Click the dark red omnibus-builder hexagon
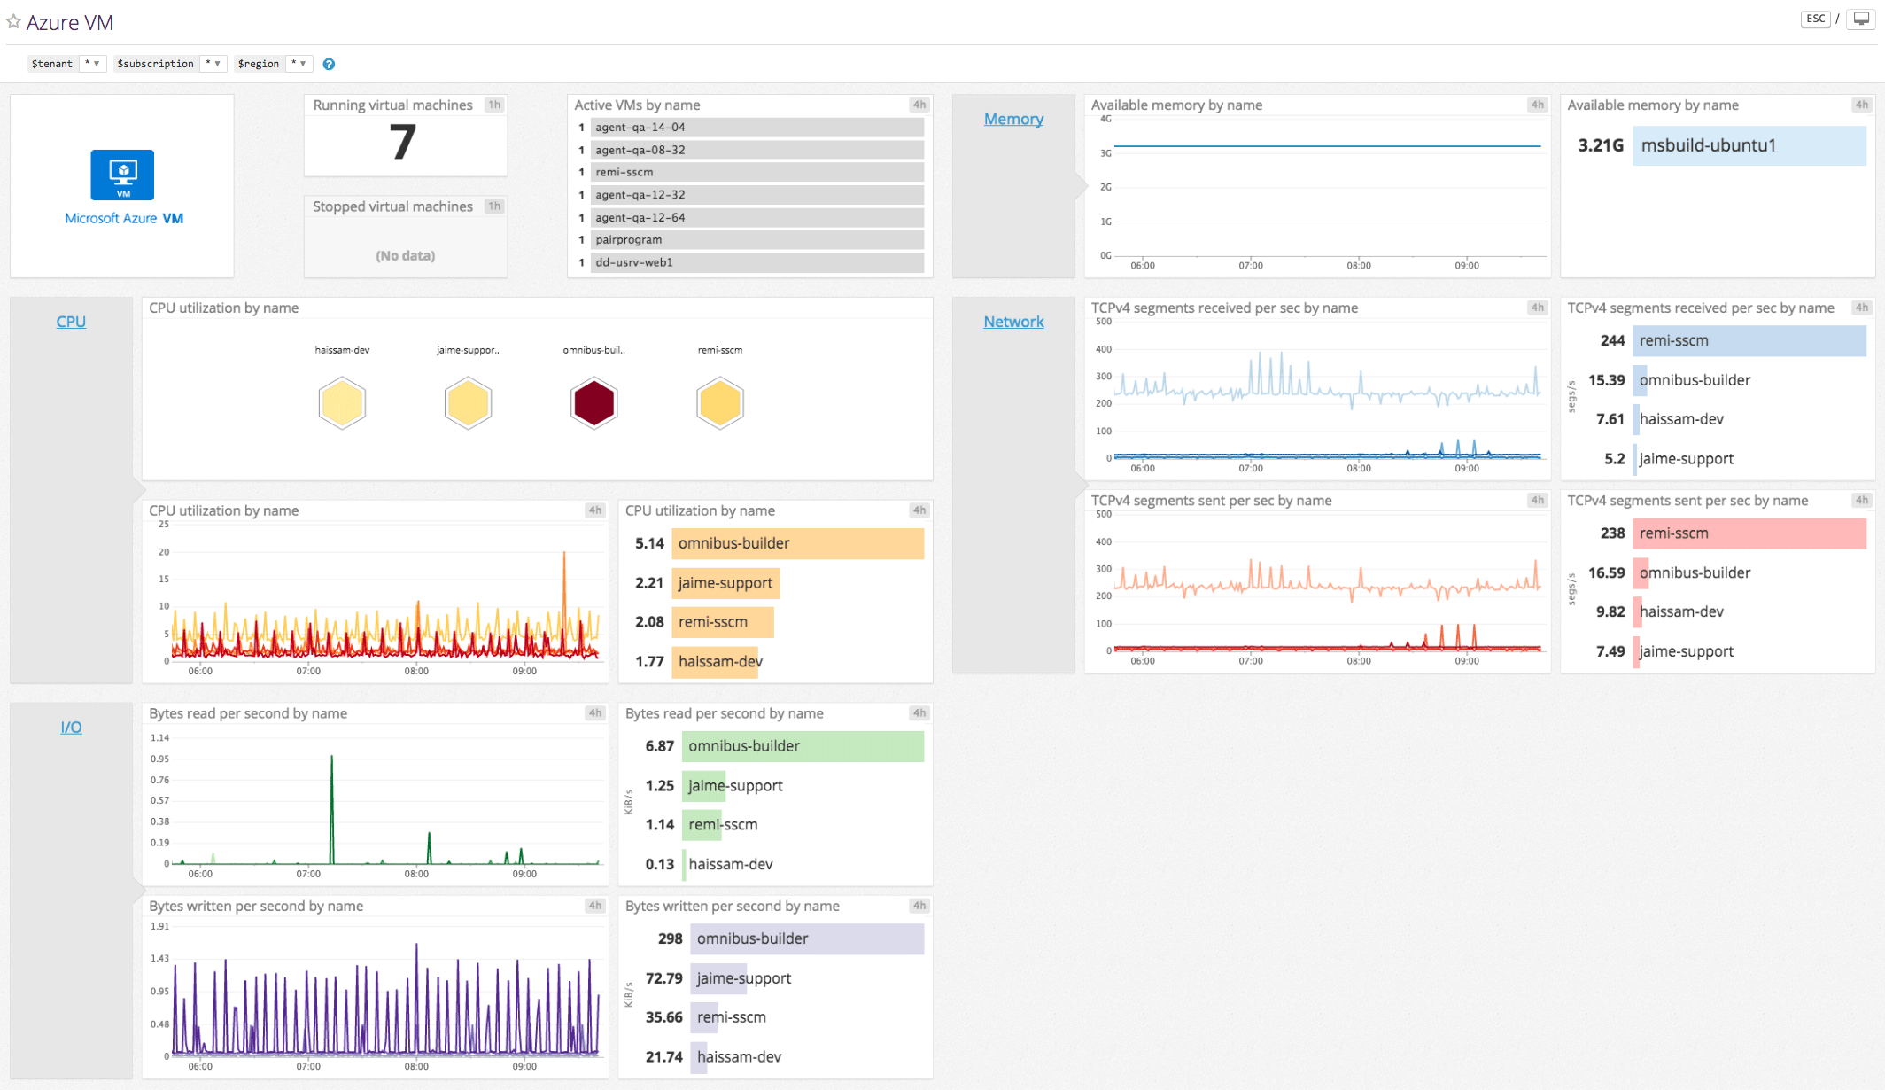point(593,403)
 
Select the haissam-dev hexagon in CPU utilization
point(342,403)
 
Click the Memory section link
point(1013,119)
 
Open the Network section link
point(1013,322)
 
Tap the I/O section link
point(71,728)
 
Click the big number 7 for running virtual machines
point(403,144)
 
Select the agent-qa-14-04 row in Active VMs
point(757,128)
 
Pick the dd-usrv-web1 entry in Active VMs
point(757,262)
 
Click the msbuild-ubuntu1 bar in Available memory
point(1749,145)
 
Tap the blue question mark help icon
point(329,64)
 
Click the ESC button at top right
point(1815,19)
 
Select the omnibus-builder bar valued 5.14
point(797,543)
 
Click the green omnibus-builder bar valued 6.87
point(803,746)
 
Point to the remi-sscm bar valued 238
point(1749,533)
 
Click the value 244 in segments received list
point(1612,340)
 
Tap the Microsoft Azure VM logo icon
point(122,175)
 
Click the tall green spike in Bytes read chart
point(332,798)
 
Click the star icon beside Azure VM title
point(13,21)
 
